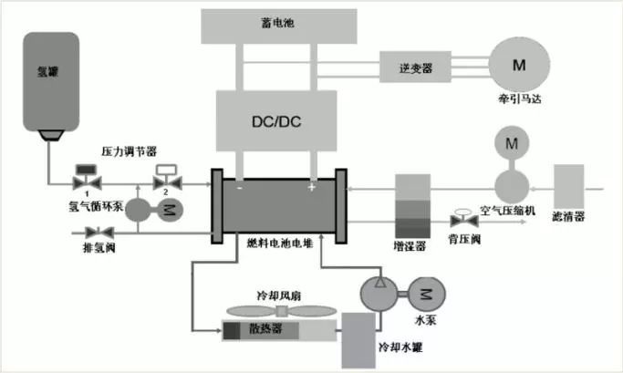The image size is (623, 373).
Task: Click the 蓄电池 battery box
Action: pos(279,26)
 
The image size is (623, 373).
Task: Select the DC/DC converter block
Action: pos(276,120)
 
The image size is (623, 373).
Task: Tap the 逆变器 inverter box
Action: pos(415,67)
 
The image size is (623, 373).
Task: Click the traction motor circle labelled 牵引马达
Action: pos(519,64)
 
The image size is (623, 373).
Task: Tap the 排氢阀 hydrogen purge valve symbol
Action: pos(99,233)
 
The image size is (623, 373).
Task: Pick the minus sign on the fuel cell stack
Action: pos(239,188)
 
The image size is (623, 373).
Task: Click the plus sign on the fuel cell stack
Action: pos(312,187)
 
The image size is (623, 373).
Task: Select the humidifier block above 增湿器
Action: pos(412,206)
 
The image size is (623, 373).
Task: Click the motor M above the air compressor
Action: pos(512,143)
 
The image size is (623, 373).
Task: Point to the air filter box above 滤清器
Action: pos(569,186)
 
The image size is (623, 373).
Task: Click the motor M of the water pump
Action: pos(427,294)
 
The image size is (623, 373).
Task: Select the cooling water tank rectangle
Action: pos(358,340)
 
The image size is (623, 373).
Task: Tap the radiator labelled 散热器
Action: pos(279,330)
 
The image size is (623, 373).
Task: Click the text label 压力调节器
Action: pos(130,151)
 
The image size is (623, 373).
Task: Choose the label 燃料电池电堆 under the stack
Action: pos(280,243)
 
